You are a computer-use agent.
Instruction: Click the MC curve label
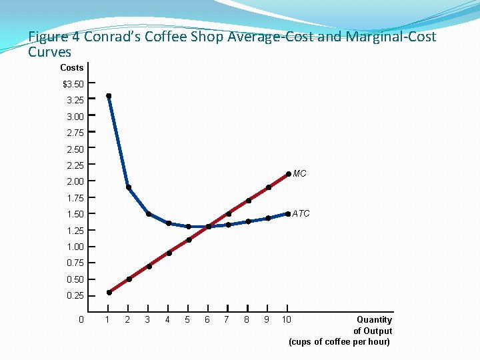pos(299,174)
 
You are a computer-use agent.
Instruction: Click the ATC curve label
pos(301,214)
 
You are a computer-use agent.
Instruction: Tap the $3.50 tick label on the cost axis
pos(73,84)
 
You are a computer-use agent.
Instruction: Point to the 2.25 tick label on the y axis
pos(75,165)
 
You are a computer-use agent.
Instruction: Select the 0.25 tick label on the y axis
pos(75,295)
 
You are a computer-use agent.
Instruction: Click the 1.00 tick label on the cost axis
pos(75,247)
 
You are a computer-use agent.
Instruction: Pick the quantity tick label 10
pos(286,319)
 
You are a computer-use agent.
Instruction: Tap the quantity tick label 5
pos(187,319)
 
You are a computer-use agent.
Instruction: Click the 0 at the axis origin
pos(81,319)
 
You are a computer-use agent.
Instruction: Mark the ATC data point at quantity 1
pos(109,96)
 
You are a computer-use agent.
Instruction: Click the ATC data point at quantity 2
pos(129,187)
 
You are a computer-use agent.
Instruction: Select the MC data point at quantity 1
pos(109,292)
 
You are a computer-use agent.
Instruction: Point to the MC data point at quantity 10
pos(288,174)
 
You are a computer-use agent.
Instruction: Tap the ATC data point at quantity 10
pos(288,214)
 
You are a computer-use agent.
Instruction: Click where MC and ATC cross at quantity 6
pos(209,227)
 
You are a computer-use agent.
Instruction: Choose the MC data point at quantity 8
pos(248,201)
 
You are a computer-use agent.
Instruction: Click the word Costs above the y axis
pos(71,67)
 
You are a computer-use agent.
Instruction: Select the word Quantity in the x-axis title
pos(374,320)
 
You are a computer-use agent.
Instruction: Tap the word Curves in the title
pos(49,51)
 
